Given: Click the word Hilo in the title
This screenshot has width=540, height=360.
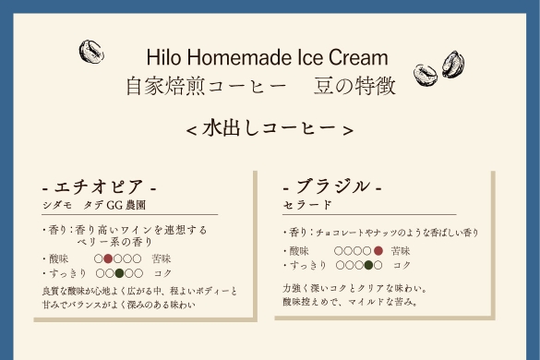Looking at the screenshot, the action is (163, 57).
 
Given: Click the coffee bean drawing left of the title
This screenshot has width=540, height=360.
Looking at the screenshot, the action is (91, 52).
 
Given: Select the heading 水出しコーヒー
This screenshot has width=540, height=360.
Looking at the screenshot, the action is (270, 129).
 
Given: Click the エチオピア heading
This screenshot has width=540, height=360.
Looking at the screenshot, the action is (99, 186).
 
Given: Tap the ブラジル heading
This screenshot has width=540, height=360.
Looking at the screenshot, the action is (332, 186).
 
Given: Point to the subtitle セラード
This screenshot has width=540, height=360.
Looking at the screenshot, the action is (307, 205).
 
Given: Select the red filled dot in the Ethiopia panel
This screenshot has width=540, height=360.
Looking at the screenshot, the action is (108, 258).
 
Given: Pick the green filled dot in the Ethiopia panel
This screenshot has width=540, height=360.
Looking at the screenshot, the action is (119, 273).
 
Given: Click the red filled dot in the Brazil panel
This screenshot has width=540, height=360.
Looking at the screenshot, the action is (378, 251).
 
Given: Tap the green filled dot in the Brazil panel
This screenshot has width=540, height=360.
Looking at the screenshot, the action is (368, 265).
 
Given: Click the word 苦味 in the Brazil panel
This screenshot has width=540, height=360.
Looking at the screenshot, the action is (401, 251).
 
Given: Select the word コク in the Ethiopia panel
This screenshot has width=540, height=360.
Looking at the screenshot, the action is (162, 273).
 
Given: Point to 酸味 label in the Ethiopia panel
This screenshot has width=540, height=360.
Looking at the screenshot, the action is (58, 258).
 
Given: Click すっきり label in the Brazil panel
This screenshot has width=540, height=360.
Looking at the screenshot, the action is (308, 265).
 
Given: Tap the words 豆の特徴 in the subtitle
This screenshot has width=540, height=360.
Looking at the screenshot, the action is (354, 86).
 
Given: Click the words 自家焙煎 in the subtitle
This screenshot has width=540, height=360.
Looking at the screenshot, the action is (165, 86).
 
